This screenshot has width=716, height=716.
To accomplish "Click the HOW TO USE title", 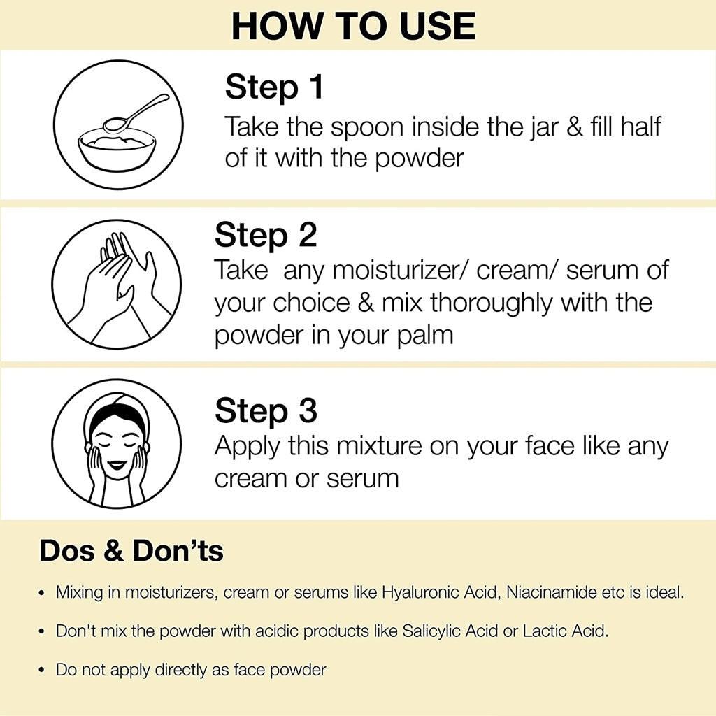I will coord(353,26).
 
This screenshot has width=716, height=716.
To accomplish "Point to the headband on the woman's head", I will coord(117,406).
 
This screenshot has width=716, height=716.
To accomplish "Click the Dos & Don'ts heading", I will coord(131,551).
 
